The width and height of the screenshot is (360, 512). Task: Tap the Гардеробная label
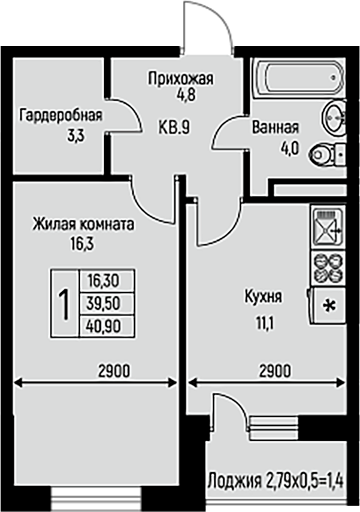[61, 115]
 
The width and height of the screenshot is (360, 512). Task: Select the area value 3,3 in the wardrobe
[76, 136]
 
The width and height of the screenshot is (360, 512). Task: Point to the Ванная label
[275, 127]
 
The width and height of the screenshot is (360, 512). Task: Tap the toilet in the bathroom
[327, 154]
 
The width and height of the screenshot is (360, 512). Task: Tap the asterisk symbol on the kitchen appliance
[329, 306]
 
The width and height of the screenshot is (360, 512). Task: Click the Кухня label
[263, 297]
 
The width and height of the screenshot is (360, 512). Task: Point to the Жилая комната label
[83, 224]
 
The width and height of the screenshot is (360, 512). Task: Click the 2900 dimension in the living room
[114, 371]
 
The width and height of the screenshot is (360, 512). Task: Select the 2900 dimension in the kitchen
[274, 371]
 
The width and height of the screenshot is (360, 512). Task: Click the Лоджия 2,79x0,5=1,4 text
[276, 480]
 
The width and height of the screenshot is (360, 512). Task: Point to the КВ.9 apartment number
[174, 127]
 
